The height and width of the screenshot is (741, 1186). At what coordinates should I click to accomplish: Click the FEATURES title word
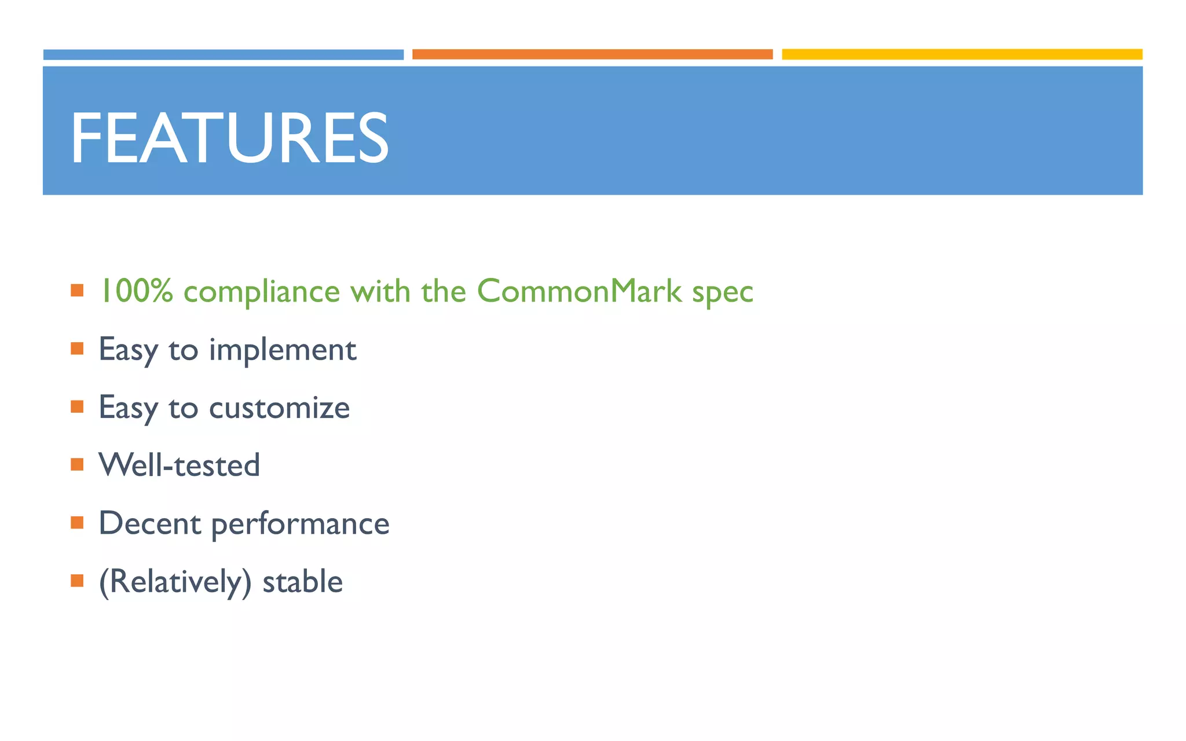[x=229, y=138]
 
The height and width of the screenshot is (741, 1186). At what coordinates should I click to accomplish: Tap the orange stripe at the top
[x=592, y=54]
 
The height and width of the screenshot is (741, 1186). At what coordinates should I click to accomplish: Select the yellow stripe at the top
[x=962, y=54]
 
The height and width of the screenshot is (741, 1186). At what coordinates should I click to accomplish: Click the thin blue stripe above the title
[x=224, y=54]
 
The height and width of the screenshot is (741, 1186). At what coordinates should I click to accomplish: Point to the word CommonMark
[x=579, y=291]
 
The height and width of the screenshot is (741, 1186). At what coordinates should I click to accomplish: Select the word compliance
[x=261, y=292]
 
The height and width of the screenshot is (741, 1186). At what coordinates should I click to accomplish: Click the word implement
[x=282, y=350]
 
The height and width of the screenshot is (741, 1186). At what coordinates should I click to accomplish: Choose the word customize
[x=279, y=408]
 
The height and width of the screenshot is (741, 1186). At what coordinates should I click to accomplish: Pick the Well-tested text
[x=179, y=465]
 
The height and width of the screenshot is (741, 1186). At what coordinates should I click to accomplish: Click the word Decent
[x=150, y=523]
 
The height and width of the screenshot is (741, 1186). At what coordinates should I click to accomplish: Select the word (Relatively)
[x=175, y=582]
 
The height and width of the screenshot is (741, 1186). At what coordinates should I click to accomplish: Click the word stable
[x=302, y=581]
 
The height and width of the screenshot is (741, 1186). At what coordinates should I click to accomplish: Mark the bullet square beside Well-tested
[x=77, y=464]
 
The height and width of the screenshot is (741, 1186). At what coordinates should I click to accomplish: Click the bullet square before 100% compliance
[x=77, y=290]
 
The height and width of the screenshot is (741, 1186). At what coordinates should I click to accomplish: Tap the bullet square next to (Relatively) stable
[x=77, y=581]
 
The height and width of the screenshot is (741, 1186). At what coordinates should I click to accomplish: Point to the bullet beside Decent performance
[x=77, y=523]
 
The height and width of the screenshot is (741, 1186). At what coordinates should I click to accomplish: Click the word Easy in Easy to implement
[x=128, y=350]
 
